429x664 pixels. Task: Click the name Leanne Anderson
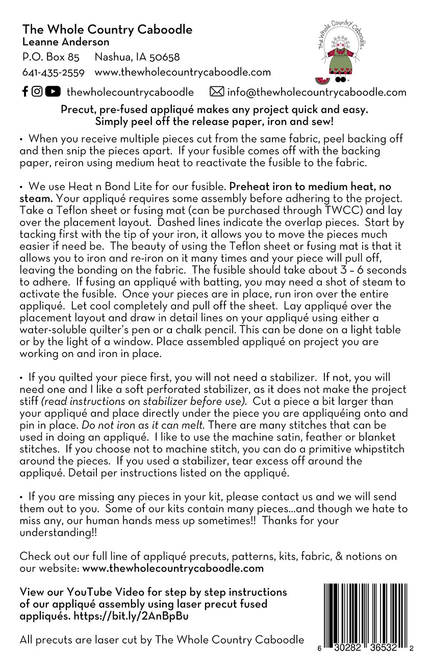[65, 42]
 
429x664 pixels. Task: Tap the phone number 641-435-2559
[53, 73]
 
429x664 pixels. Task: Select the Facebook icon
[25, 91]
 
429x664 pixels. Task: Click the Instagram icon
[37, 91]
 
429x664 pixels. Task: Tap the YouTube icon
[52, 91]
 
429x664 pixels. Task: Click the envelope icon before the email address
[217, 92]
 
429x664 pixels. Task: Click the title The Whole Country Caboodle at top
[107, 30]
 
